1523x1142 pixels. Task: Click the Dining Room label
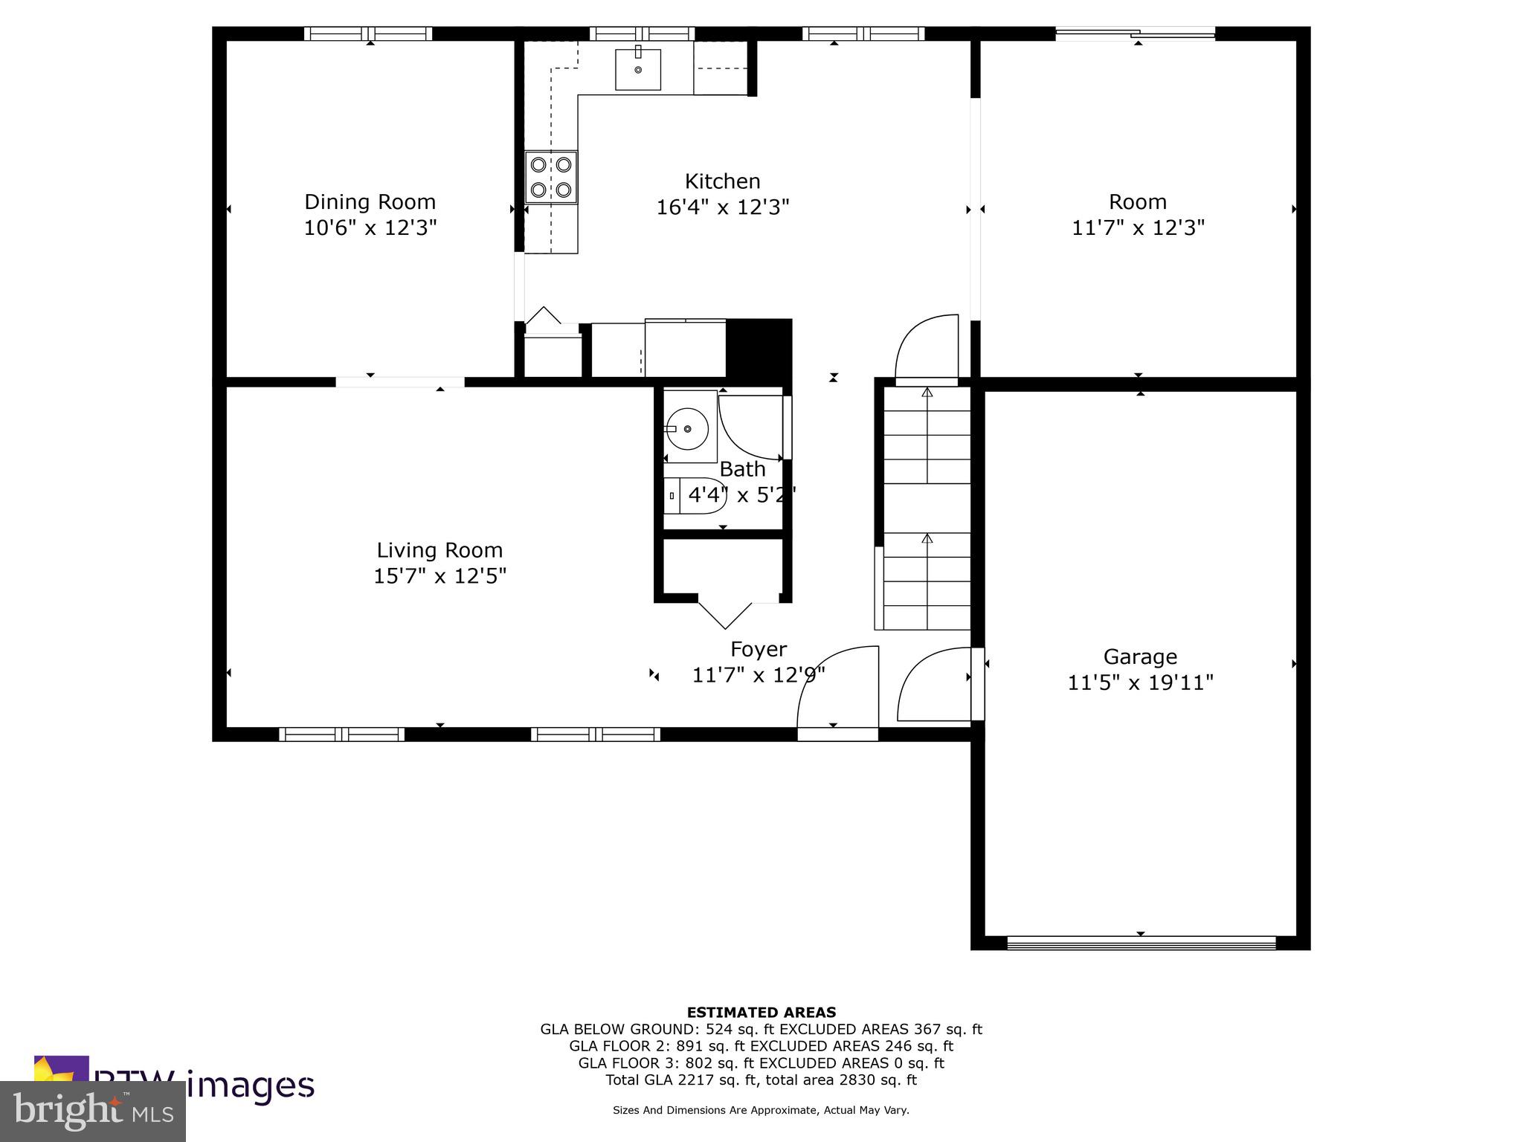point(370,202)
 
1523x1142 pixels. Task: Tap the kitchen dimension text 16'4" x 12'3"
point(722,207)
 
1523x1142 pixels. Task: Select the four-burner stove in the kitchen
point(551,177)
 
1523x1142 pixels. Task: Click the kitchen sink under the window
point(638,69)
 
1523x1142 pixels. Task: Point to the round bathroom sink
point(686,429)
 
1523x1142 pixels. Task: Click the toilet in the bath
point(694,495)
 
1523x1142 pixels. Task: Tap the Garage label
point(1140,657)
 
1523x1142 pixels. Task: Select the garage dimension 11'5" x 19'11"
point(1140,683)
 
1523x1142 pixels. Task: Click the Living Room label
point(439,550)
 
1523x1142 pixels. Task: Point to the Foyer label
point(758,649)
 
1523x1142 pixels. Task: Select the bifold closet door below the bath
point(725,611)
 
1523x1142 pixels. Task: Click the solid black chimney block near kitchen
point(758,349)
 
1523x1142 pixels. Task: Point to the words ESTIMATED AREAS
point(761,1012)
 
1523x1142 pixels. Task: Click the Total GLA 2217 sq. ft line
point(761,1080)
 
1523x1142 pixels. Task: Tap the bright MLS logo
point(93,1111)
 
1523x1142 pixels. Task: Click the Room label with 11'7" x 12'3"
point(1137,202)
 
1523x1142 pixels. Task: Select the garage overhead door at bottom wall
point(1141,943)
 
